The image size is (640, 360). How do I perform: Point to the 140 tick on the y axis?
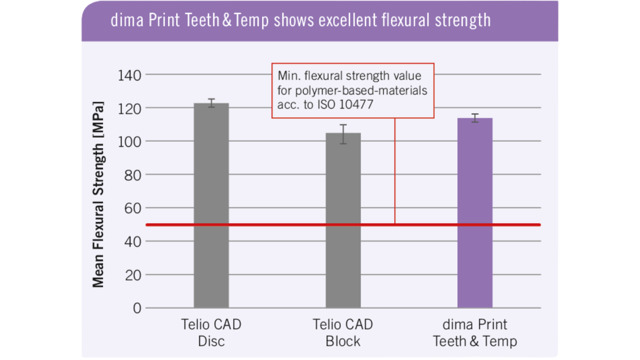(129, 75)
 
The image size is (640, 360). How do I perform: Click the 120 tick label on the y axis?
(129, 108)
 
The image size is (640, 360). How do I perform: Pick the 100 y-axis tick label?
(129, 142)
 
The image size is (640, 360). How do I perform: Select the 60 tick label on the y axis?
(132, 208)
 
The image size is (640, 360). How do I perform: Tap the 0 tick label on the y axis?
(137, 308)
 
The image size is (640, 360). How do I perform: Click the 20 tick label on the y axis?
(132, 275)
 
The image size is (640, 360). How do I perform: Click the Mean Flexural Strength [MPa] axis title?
(98, 194)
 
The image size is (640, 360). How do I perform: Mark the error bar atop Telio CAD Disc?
(211, 103)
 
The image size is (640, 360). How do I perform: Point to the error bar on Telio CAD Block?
(343, 134)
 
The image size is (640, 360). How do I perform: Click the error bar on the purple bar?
(475, 118)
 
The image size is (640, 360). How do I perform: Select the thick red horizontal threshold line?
(280, 225)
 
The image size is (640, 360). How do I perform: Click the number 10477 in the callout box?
(356, 104)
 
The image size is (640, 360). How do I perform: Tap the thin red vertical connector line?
(395, 172)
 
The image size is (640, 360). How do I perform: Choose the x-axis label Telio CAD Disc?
(211, 332)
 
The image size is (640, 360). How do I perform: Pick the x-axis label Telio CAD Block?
(343, 332)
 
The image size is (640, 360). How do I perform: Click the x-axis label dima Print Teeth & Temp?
(475, 332)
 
